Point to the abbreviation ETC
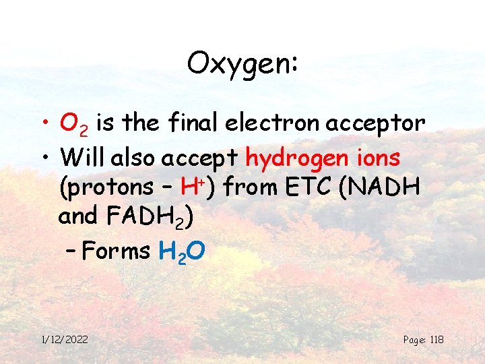[x=310, y=187]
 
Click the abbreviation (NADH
[x=387, y=187]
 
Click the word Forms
[x=120, y=251]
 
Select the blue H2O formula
[x=181, y=252]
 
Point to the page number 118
[x=435, y=339]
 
